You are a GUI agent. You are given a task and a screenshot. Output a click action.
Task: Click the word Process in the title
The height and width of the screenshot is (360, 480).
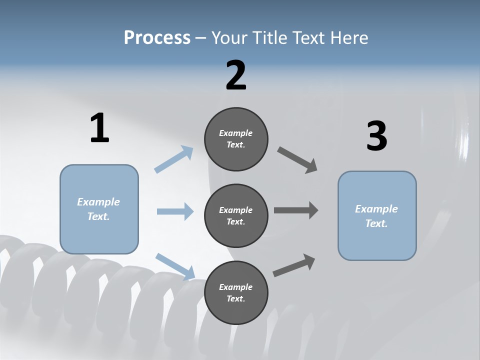pos(157,37)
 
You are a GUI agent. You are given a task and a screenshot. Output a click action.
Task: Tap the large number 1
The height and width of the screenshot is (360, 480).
pos(99,128)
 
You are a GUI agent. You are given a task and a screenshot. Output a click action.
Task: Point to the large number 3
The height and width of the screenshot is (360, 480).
pos(376,136)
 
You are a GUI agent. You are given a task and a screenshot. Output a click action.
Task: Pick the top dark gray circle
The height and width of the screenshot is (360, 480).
pos(236,139)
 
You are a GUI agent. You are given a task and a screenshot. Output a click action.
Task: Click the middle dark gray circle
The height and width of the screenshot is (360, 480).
pos(236,215)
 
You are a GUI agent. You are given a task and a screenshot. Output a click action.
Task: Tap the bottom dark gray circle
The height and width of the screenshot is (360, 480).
pos(236,292)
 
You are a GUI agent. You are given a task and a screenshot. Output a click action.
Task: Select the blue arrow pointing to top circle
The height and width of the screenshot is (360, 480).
pos(173,159)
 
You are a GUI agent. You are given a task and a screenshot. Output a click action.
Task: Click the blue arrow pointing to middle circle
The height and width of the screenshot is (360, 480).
pos(175,211)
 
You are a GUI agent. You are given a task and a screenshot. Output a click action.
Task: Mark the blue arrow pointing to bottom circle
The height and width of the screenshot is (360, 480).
pos(175,266)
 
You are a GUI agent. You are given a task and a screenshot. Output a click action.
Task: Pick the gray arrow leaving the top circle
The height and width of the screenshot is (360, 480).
pos(297,159)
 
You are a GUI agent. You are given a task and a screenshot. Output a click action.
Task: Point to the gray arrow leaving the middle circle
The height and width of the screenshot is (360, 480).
pos(296,210)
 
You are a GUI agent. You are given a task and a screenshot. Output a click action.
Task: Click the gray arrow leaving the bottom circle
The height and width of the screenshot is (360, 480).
pos(294,265)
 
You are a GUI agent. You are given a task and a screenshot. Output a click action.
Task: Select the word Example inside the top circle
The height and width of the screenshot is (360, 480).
pos(236,133)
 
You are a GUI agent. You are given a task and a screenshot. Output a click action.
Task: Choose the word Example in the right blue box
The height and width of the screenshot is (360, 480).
pos(376,209)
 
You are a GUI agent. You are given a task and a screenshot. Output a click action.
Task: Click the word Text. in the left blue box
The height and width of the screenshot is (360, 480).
pos(98,216)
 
